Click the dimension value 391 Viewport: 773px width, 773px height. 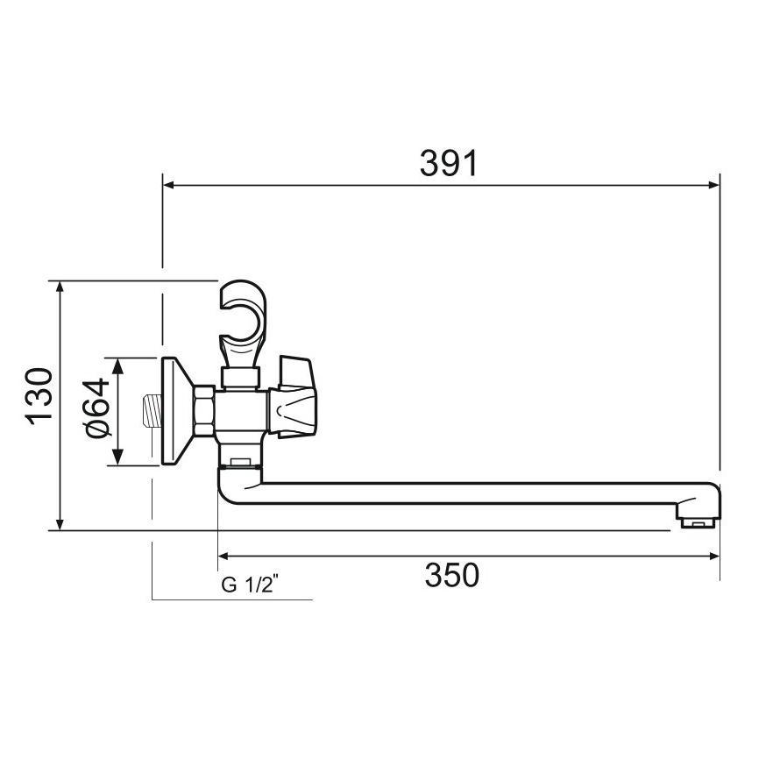[x=448, y=163]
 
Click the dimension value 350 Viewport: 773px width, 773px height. [x=452, y=576]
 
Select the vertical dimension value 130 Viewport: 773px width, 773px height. [x=40, y=395]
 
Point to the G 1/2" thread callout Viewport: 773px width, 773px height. [x=249, y=585]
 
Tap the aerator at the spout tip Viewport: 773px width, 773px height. [x=699, y=523]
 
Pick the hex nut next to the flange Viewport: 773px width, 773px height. [x=204, y=411]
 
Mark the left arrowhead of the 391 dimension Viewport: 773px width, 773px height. [x=168, y=185]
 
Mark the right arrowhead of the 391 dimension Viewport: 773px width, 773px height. [x=713, y=185]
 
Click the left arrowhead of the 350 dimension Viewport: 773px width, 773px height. [x=223, y=556]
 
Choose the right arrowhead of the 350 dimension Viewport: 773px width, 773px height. [x=713, y=556]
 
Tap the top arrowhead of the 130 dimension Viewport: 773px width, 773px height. [x=59, y=287]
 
